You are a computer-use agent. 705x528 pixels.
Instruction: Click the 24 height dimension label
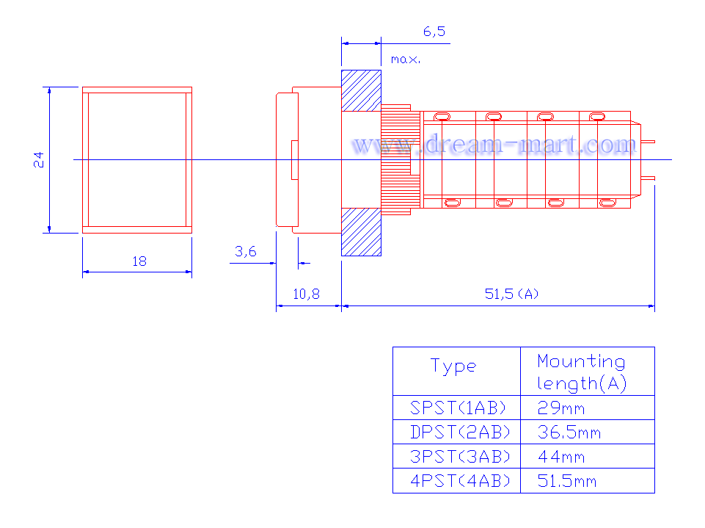tap(39, 159)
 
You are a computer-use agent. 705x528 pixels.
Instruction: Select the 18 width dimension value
tap(139, 261)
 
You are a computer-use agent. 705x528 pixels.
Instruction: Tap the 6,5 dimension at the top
tap(434, 32)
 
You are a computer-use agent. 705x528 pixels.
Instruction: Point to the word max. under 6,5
tap(405, 59)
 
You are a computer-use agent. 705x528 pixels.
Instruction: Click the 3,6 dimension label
tap(245, 252)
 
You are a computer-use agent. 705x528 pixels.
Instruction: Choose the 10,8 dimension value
tap(307, 294)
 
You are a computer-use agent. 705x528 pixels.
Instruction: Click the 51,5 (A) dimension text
tap(511, 294)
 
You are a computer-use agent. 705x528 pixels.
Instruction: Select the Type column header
tap(453, 366)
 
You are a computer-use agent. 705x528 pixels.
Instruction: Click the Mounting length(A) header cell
tap(582, 372)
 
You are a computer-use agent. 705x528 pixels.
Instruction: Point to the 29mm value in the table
tap(561, 408)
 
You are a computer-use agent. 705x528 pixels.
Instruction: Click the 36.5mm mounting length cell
tap(569, 432)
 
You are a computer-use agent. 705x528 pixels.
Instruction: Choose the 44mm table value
tap(561, 456)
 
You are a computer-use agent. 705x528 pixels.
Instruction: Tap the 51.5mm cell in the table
tap(567, 481)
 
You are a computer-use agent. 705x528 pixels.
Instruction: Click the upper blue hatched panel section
tap(361, 90)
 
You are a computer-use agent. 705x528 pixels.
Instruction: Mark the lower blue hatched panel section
tap(361, 231)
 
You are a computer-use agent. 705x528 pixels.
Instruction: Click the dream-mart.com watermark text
tap(493, 145)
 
